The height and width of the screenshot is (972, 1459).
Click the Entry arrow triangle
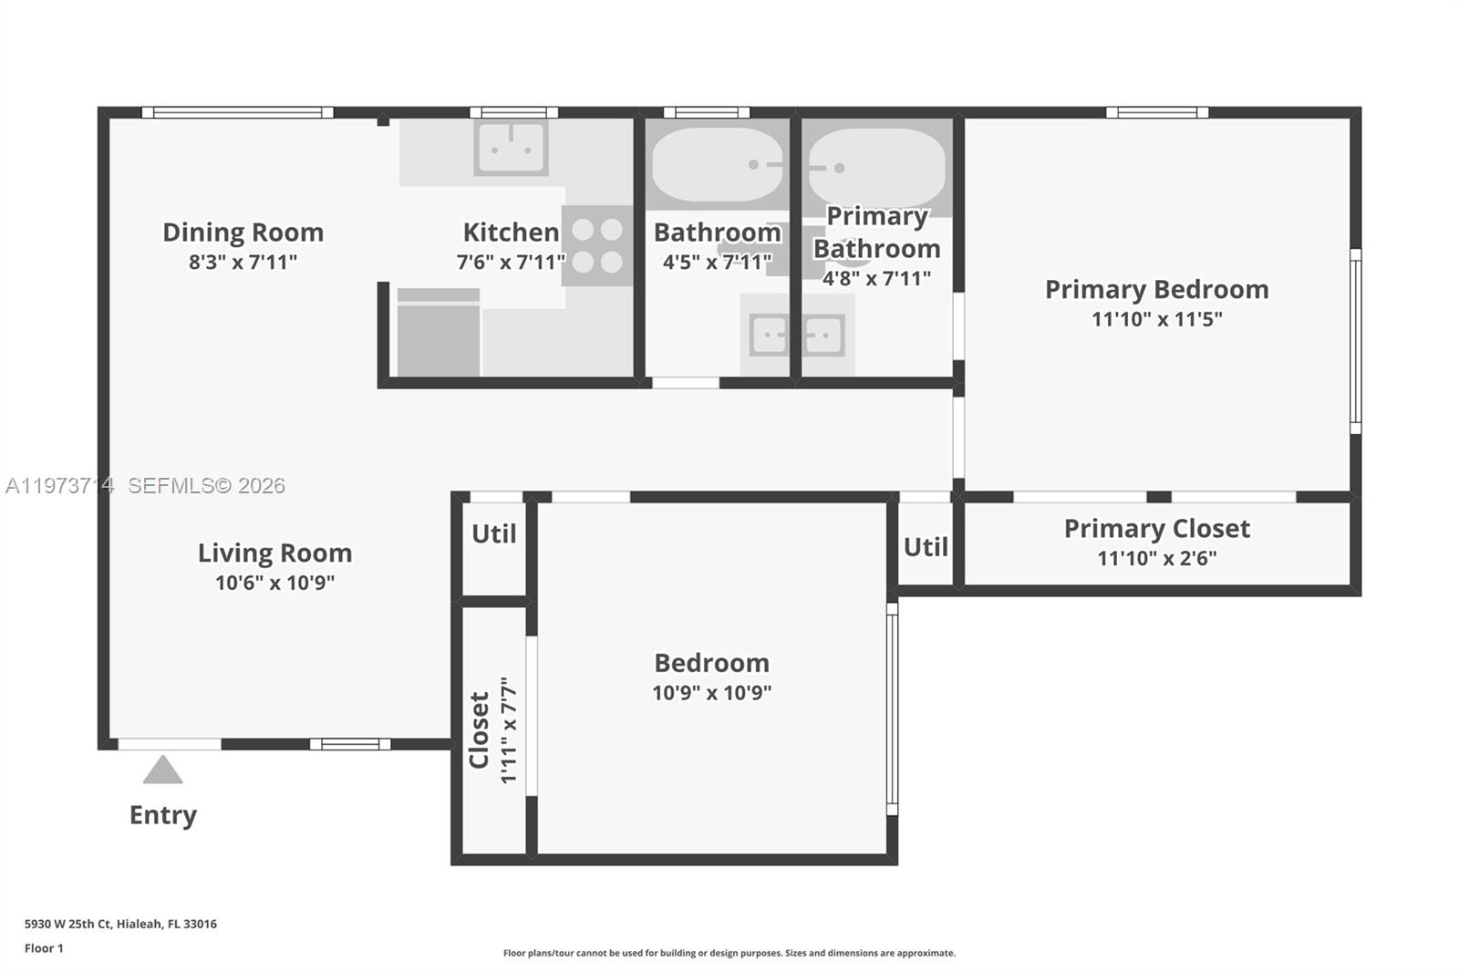162,770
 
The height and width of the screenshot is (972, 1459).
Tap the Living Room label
274,553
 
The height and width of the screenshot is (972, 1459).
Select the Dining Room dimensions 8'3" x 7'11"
243,263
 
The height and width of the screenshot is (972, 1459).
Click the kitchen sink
511,149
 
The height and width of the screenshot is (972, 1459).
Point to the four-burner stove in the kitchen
597,246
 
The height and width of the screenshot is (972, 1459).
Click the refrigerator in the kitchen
438,333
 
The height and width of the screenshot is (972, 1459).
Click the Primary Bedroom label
1156,290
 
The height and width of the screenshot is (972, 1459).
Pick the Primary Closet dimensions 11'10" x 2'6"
1156,558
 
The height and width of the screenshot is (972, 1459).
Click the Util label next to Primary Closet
926,547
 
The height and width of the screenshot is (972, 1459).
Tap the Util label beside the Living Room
493,534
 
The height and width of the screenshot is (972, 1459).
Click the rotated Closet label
480,729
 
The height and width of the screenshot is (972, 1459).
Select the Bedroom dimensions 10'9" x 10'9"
711,693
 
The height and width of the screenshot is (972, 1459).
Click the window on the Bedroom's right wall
892,708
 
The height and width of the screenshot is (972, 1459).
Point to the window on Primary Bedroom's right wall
1355,341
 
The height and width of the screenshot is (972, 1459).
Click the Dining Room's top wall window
237,113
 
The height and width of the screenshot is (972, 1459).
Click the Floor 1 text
44,948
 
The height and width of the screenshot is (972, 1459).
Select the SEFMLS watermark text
206,486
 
